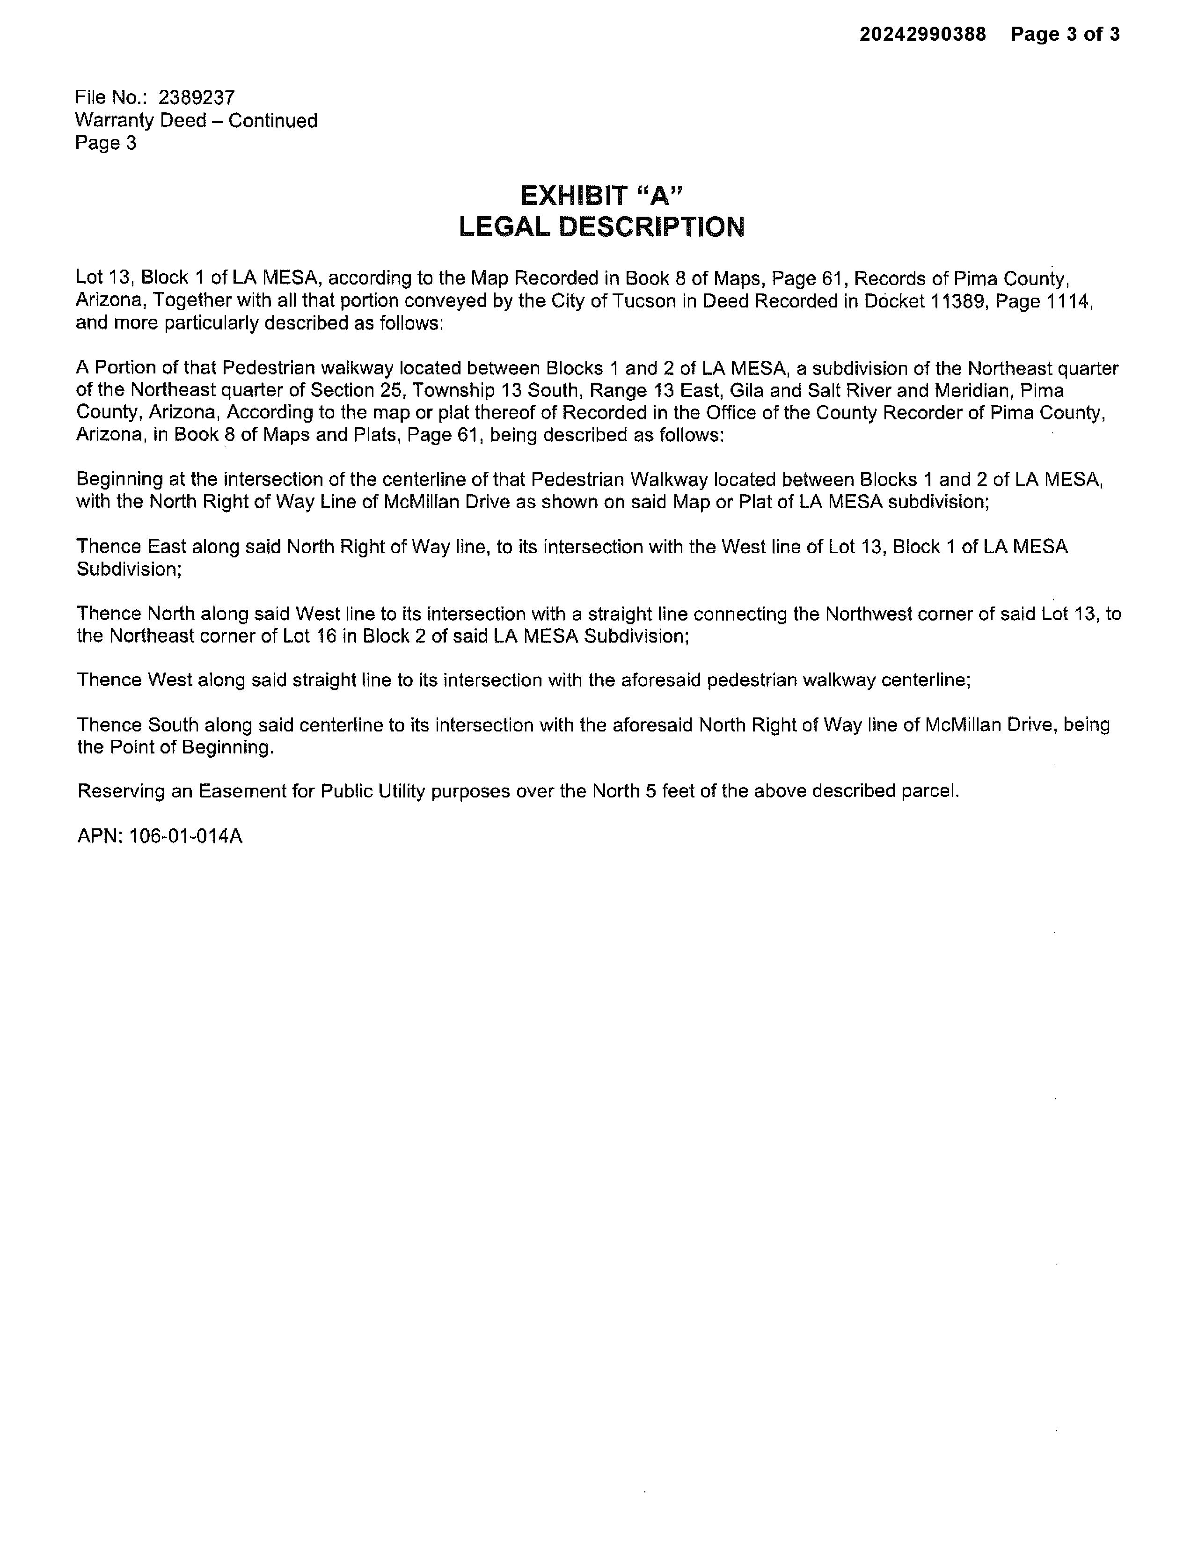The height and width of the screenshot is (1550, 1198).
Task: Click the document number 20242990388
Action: pos(923,34)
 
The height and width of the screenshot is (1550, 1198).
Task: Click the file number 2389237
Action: pos(196,97)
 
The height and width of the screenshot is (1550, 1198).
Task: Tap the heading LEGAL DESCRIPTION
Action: pos(602,227)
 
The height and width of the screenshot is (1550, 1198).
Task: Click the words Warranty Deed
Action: pos(140,121)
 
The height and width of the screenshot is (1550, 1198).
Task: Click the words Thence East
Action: pos(131,547)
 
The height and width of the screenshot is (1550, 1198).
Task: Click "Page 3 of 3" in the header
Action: pos(1065,34)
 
